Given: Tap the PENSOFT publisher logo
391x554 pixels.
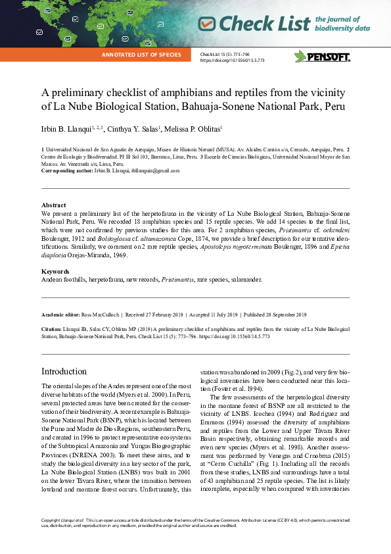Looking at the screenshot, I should click(322, 57).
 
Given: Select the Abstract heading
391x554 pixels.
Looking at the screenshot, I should click(53, 205).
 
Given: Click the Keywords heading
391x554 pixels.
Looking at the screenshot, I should click(55, 272).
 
